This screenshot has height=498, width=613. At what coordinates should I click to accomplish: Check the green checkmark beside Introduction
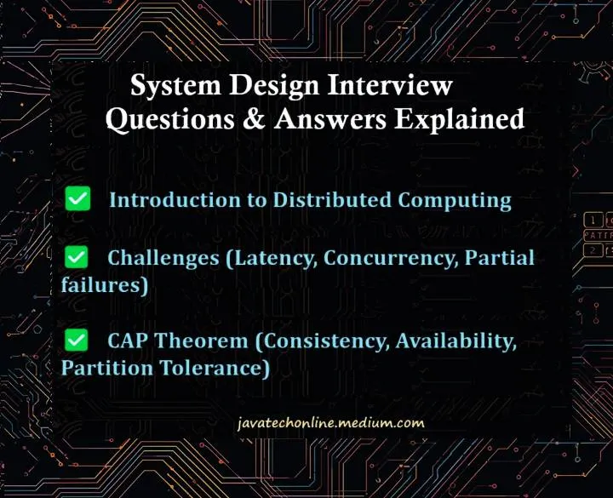point(78,200)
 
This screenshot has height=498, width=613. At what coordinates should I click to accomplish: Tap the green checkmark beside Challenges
point(78,257)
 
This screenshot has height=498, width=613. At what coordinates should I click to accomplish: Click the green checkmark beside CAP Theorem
point(78,341)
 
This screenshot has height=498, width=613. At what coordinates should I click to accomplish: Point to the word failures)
point(105,285)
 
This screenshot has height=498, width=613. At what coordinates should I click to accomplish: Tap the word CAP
point(129,341)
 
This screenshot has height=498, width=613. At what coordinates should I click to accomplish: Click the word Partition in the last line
point(104,369)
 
